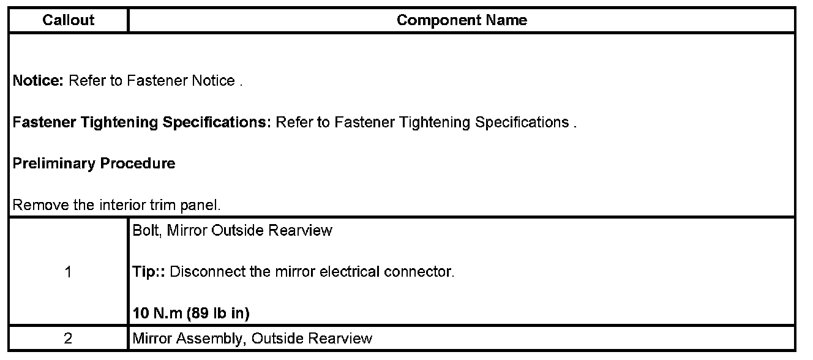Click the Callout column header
[x=69, y=20]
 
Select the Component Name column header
[x=462, y=20]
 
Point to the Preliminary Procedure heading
[x=94, y=164]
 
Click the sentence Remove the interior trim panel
[x=116, y=205]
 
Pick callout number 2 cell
[x=68, y=339]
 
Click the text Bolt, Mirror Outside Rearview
[x=233, y=231]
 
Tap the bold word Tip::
[x=149, y=272]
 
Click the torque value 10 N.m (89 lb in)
[x=191, y=313]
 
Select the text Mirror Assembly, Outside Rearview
[x=252, y=339]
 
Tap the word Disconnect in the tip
[x=201, y=272]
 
